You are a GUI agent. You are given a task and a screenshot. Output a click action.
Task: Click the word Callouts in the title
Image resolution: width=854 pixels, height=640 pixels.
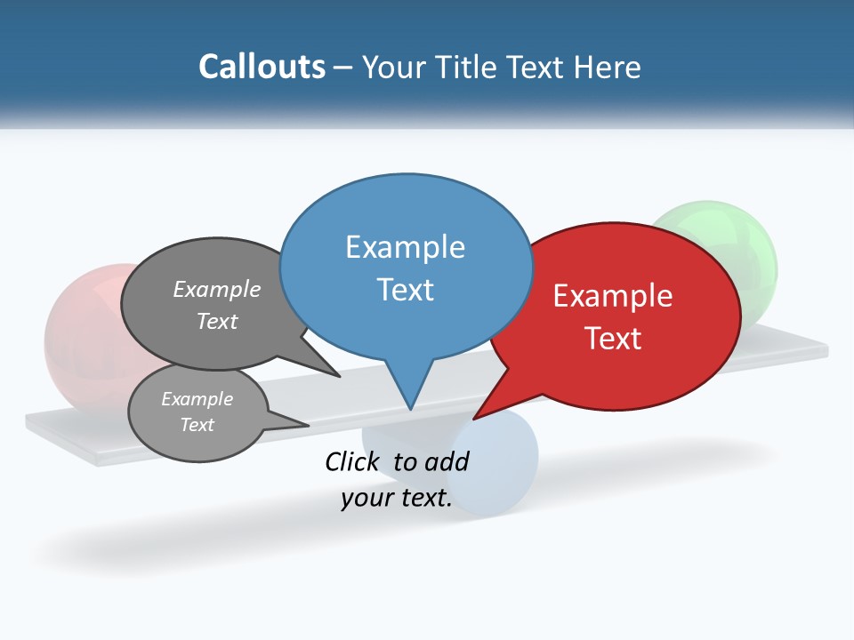coord(262,67)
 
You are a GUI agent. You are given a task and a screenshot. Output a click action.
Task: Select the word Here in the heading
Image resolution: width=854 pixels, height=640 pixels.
coord(605,67)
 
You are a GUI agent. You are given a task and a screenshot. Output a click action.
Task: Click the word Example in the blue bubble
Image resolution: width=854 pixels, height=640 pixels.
coord(405,247)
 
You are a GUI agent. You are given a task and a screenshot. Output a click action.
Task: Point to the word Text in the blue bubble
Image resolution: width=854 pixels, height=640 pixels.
coord(405,290)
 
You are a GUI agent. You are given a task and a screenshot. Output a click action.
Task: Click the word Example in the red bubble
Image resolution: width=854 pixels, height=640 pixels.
coord(613,296)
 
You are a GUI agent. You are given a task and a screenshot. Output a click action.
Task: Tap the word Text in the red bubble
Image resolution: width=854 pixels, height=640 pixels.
coord(613,339)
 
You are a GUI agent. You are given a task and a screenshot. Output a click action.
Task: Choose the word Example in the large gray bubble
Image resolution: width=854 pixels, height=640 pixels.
coord(217,290)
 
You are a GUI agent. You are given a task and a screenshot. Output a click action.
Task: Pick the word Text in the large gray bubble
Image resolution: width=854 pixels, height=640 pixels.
coord(217,321)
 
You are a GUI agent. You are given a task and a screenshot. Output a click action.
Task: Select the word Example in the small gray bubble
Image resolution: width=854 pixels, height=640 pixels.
coord(197,399)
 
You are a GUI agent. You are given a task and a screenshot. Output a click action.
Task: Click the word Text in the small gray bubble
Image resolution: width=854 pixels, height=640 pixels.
coord(197,425)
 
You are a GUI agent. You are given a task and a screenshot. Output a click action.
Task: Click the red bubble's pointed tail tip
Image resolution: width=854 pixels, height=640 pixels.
coord(474,418)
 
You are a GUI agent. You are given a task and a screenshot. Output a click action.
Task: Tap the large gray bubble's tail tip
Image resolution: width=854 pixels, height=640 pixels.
coord(339,376)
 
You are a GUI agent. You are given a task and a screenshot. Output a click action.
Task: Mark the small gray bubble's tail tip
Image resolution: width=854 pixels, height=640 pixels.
coord(308,426)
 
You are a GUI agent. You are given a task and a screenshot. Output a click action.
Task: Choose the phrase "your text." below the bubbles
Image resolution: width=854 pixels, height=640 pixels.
coord(397,499)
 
